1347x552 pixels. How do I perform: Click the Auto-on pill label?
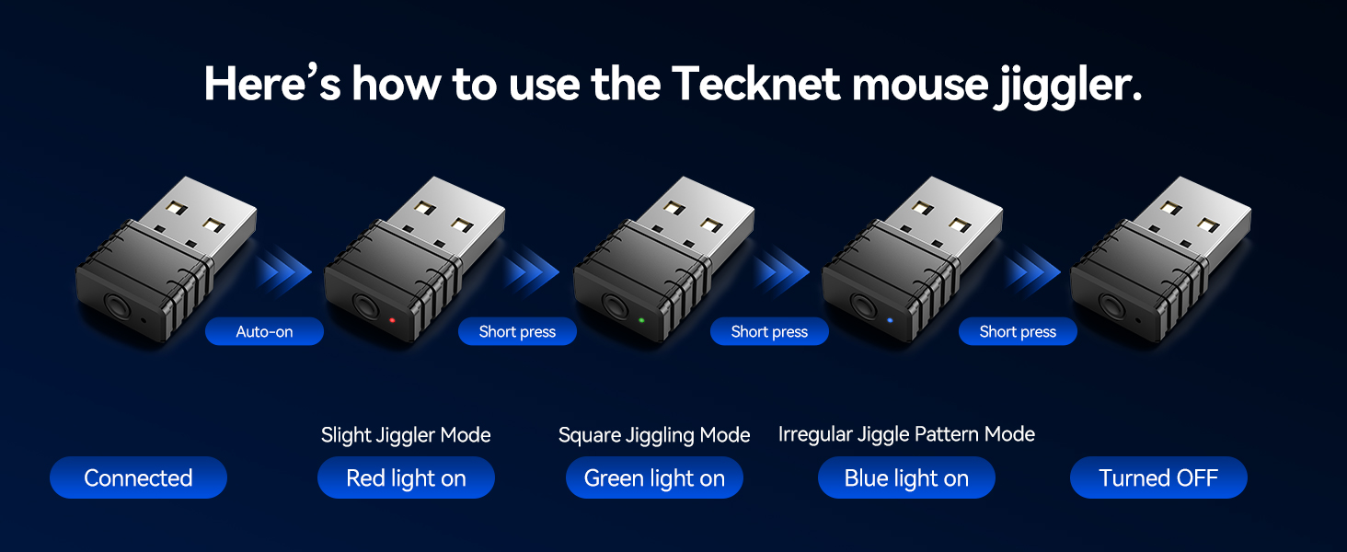pos(264,332)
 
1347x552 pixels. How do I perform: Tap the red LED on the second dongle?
pos(392,321)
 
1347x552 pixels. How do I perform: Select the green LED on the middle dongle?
pos(641,321)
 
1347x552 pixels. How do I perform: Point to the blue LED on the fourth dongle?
pos(890,321)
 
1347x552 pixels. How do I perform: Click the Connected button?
pos(138,478)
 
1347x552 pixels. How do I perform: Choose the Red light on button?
pos(406,478)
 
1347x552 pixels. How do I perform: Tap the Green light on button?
pos(654,478)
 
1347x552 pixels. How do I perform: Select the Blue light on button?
pos(906,478)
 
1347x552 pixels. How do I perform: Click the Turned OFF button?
pos(1158,478)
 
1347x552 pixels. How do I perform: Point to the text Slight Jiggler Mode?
pos(406,435)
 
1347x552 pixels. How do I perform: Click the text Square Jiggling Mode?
pos(654,435)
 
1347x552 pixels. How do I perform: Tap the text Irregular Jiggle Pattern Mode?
pos(906,434)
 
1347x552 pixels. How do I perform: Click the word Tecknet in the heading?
pos(755,85)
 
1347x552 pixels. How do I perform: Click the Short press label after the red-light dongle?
pos(517,332)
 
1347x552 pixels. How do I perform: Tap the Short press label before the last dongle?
pos(1018,332)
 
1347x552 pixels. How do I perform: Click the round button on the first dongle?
pos(116,305)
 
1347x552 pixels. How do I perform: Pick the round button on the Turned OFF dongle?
pos(1111,305)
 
